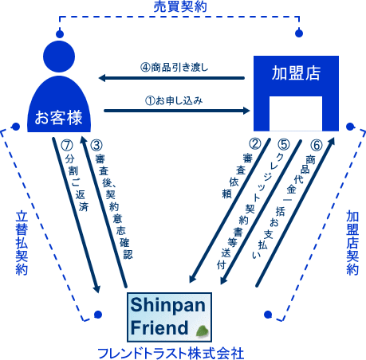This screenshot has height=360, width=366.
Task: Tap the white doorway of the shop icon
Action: point(294,114)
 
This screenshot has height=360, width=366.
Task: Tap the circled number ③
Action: point(96,146)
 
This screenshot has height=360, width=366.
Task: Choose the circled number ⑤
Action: point(285,146)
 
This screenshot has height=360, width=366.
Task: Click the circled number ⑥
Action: point(316,146)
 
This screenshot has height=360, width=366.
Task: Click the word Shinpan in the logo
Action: point(168,306)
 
